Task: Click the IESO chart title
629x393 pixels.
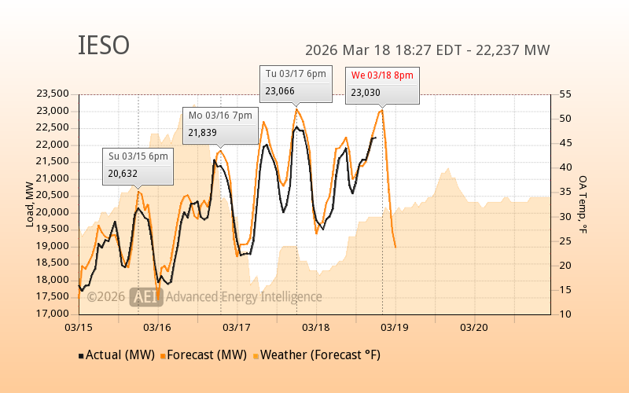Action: point(104,46)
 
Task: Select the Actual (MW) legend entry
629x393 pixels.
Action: point(120,354)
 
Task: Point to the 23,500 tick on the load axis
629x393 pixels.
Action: point(53,94)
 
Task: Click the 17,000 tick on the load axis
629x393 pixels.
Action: point(53,314)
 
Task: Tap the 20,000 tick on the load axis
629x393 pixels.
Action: point(53,212)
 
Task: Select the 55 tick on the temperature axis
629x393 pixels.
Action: point(565,94)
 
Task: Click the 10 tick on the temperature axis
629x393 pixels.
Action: point(565,314)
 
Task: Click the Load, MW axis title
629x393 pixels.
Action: point(30,204)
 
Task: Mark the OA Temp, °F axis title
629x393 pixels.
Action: point(583,204)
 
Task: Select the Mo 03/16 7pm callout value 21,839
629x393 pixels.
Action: point(203,133)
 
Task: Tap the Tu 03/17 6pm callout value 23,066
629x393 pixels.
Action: point(280,91)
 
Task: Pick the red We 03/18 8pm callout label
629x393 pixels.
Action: point(382,75)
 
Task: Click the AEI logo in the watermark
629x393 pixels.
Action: point(145,296)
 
